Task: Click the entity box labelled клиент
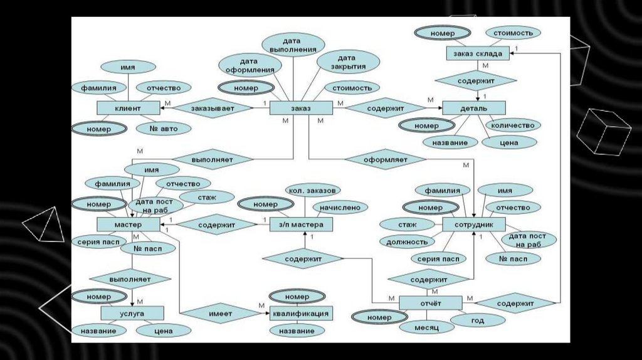click(x=128, y=109)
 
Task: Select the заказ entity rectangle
click(x=300, y=109)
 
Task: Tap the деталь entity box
click(x=474, y=108)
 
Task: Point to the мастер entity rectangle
click(x=128, y=224)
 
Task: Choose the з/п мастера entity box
click(x=300, y=225)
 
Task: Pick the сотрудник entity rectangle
click(x=474, y=224)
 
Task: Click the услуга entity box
click(x=132, y=312)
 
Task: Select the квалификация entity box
click(x=300, y=313)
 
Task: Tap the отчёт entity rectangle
click(x=431, y=303)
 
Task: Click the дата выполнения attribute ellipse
click(x=293, y=45)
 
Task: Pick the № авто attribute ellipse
click(x=164, y=129)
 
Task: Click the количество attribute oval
click(x=513, y=125)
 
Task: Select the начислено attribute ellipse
click(x=340, y=206)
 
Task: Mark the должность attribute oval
click(x=408, y=241)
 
